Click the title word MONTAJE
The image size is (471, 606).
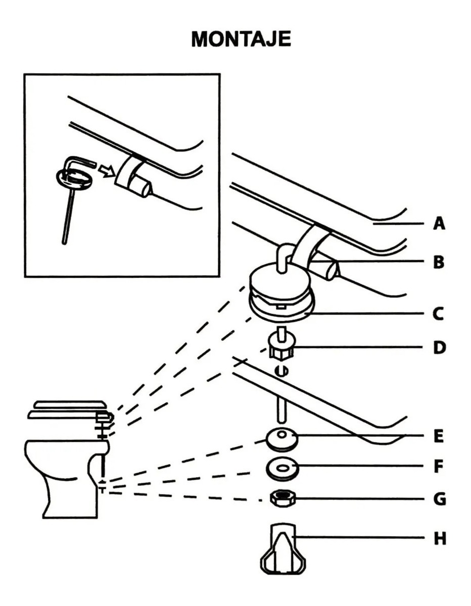241,39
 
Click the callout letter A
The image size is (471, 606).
439,223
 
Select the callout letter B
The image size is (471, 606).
439,262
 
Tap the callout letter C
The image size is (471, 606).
439,314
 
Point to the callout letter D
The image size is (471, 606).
439,347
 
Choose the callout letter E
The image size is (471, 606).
438,435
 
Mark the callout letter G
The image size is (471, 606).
439,499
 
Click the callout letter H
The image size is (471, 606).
439,539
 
